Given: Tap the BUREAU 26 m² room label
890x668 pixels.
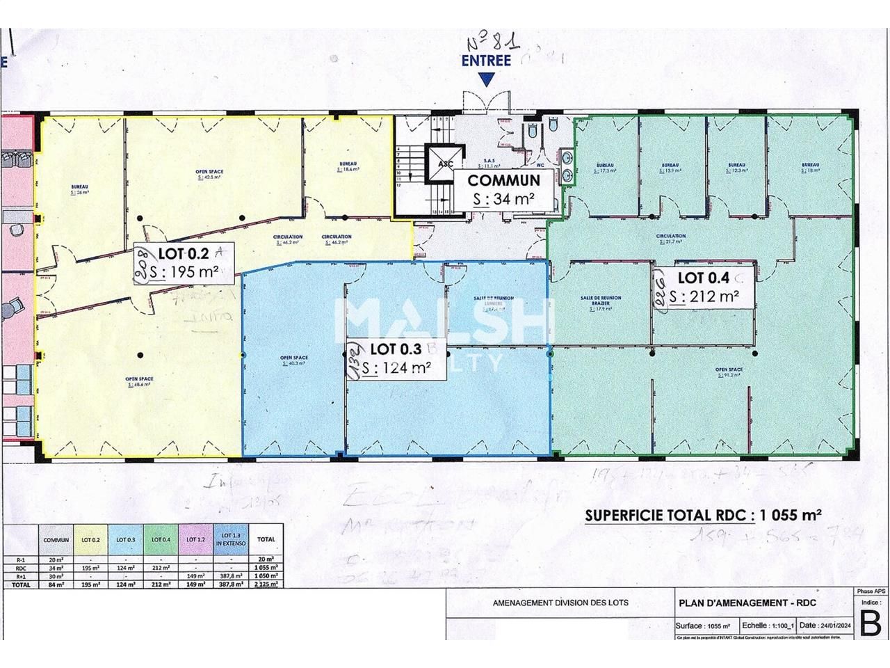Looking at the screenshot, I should coord(80,189).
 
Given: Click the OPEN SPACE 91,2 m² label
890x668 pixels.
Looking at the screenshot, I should coord(729,372).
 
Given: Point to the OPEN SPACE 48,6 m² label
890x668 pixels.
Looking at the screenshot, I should coord(139,381).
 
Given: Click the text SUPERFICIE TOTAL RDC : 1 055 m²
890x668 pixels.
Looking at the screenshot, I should coord(703,516).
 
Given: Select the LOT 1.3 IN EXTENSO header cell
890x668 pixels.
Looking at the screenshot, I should coord(230,539).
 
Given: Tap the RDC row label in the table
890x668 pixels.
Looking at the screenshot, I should coord(22,567).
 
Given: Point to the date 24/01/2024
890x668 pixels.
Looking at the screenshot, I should coord(825,625).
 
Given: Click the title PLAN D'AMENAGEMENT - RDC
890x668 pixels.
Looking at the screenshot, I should coord(747,603).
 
